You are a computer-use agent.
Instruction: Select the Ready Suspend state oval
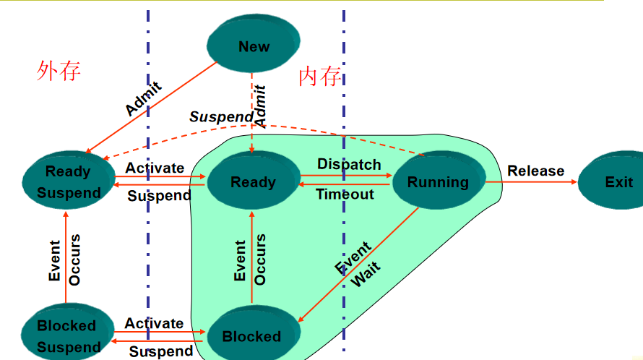[x=69, y=181]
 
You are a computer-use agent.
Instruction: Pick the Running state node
[x=438, y=182]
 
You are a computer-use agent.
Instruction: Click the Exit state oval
[x=618, y=181]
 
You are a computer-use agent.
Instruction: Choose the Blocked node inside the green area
[x=252, y=335]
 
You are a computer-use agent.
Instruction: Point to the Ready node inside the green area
[x=253, y=181]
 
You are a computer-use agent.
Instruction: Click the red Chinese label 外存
[x=59, y=70]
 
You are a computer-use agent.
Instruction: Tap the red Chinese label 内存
[x=320, y=76]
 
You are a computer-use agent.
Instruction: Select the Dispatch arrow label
[x=349, y=164]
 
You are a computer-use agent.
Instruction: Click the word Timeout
[x=345, y=194]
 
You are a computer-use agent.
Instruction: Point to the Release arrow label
[x=535, y=171]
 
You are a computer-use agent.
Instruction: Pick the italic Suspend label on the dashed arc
[x=221, y=116]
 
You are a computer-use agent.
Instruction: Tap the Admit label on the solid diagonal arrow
[x=143, y=99]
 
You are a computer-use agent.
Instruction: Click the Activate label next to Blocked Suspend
[x=154, y=323]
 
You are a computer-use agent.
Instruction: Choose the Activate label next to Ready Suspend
[x=155, y=168]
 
